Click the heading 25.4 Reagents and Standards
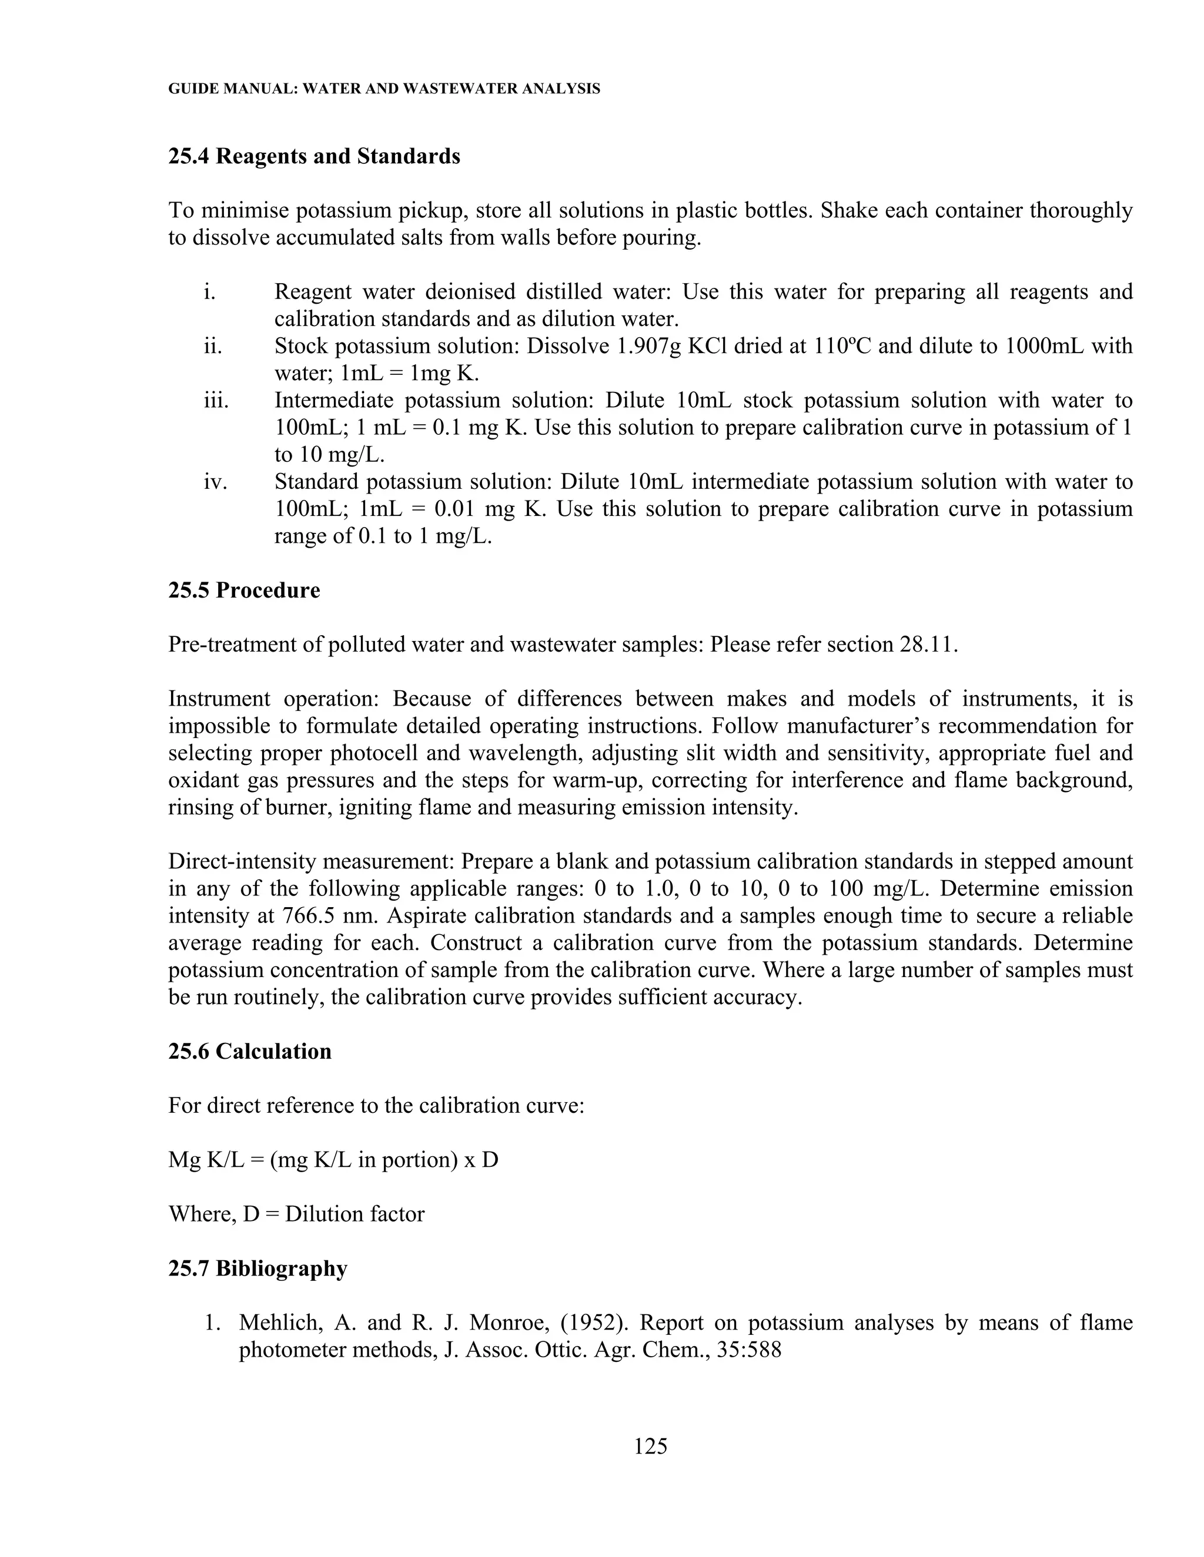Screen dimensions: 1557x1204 pos(314,156)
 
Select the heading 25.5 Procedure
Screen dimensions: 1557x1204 pos(244,590)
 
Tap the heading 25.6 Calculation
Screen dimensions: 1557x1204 pos(250,1052)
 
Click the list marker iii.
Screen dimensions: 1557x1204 pos(216,401)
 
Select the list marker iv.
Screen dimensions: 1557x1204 pos(215,482)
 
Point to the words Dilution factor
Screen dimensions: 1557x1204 pos(354,1214)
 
